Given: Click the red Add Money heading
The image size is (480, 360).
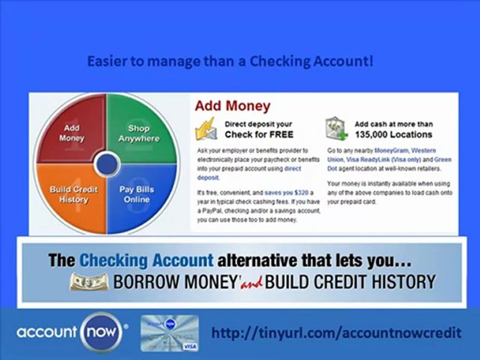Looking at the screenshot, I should (232, 106).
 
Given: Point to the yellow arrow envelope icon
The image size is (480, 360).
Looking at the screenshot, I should (205, 129).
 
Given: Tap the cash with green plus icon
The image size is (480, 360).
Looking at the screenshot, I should (335, 128).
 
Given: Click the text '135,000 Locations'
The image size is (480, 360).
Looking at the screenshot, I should (393, 134).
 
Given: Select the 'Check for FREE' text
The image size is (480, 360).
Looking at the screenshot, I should (258, 134).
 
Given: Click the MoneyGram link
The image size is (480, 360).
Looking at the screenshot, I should (391, 150).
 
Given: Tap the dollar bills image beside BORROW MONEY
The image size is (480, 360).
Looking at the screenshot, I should (89, 282).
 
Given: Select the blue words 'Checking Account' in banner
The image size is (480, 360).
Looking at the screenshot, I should (146, 260).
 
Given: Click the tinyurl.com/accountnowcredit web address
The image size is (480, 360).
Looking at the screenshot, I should (336, 332).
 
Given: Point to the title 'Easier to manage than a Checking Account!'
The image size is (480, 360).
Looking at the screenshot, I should (230, 62).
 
